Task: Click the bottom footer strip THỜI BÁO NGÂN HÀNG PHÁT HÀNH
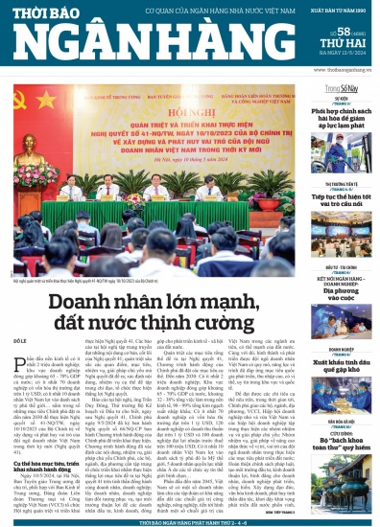pyautogui.click(x=189, y=519)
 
